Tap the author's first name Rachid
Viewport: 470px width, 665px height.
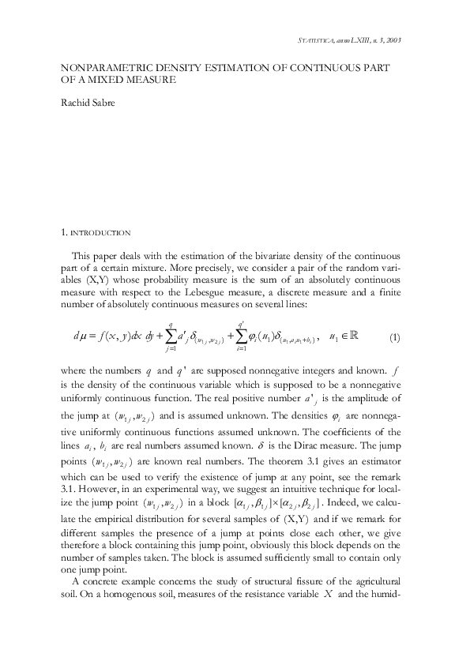pyautogui.click(x=77, y=102)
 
